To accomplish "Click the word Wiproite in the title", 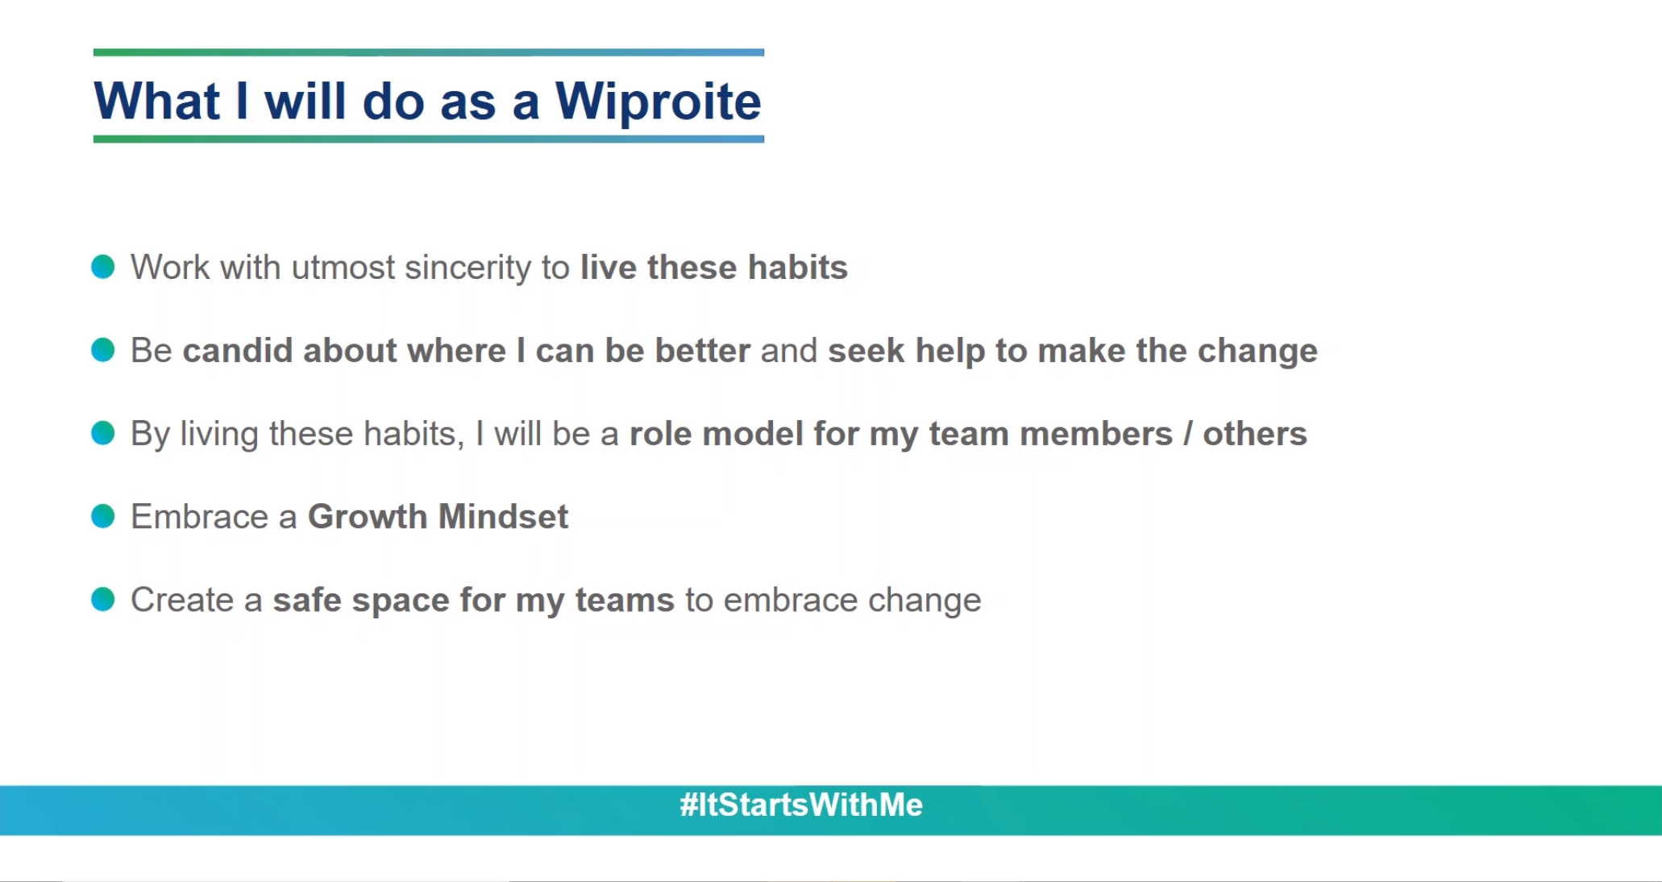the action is click(658, 102).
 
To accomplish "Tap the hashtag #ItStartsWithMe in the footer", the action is click(801, 805).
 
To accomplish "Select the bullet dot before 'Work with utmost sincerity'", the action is click(103, 266).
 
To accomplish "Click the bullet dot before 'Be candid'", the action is click(103, 350).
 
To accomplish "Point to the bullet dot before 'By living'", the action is click(103, 433).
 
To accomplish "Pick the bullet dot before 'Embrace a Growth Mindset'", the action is click(103, 516).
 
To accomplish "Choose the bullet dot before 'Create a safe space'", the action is click(103, 599).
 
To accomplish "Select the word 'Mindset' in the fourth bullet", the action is click(504, 516).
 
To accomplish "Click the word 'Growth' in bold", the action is click(368, 516).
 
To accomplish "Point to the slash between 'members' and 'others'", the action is click(1188, 434).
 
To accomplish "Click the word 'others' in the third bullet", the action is click(1255, 434).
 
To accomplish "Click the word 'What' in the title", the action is click(157, 102).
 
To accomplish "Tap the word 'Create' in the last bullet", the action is click(182, 600).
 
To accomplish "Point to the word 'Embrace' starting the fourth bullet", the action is click(199, 516).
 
